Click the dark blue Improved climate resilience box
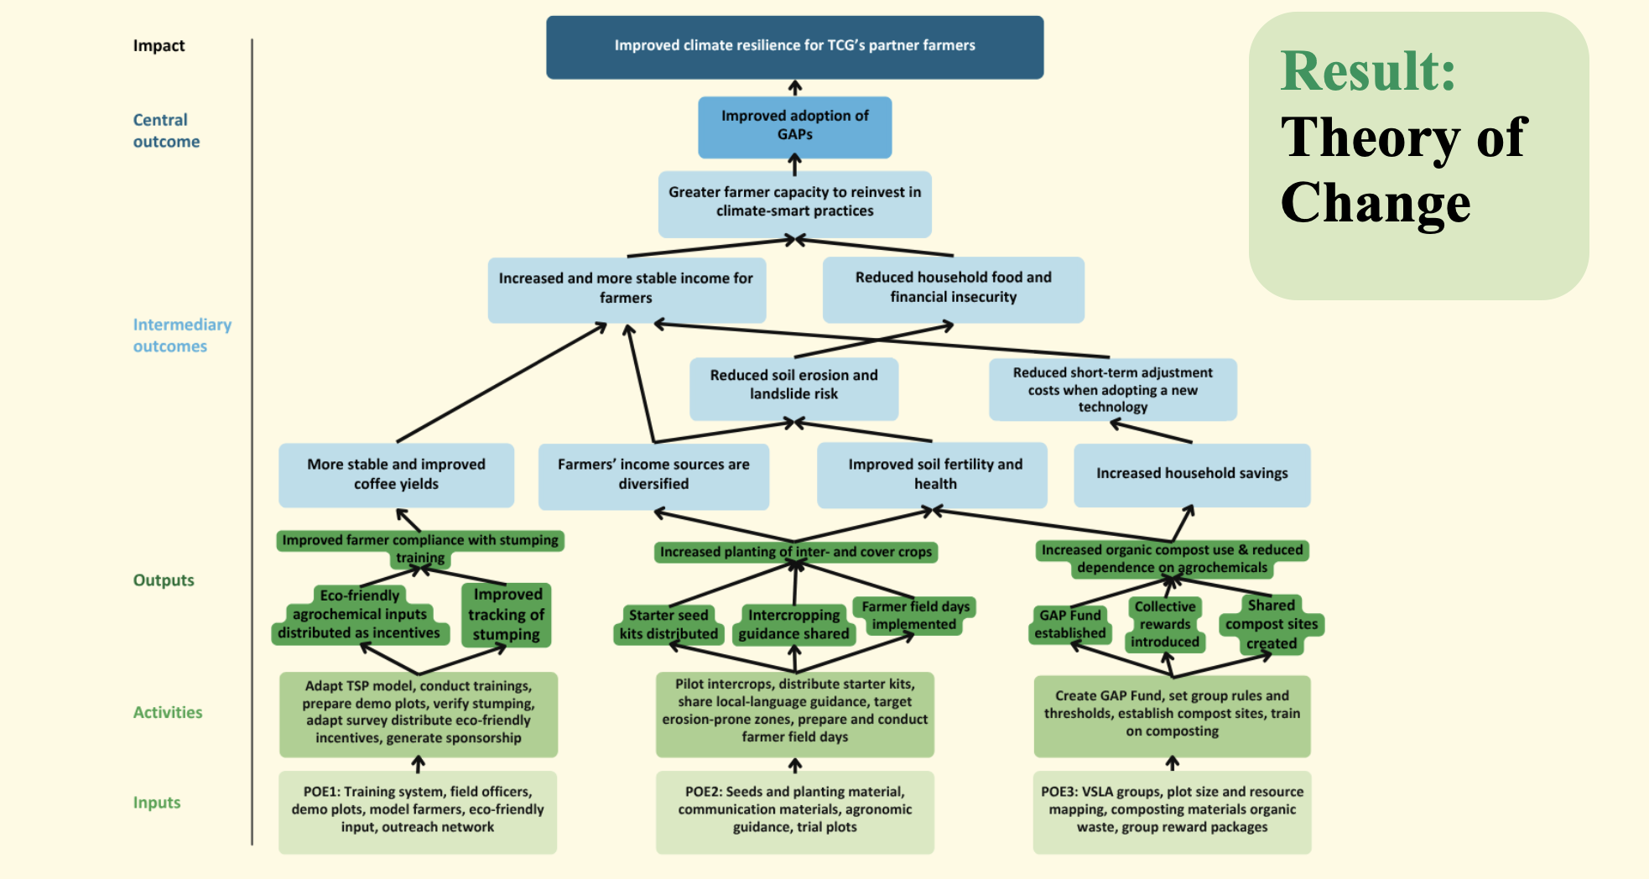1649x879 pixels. click(x=794, y=47)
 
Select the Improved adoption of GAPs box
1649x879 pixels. click(x=794, y=127)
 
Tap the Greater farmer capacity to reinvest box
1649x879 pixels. click(x=794, y=204)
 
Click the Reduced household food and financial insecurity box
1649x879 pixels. click(x=953, y=289)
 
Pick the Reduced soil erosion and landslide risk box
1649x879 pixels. click(x=793, y=388)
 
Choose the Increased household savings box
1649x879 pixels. click(x=1192, y=475)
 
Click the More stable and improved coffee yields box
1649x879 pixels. click(x=396, y=475)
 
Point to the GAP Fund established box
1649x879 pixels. click(x=1069, y=625)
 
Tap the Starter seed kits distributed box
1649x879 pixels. click(x=668, y=625)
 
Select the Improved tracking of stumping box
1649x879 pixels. click(x=507, y=615)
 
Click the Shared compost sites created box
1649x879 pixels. click(x=1272, y=625)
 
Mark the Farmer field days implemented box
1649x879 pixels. click(x=915, y=616)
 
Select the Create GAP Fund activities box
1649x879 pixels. click(x=1172, y=715)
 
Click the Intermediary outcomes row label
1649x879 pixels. click(x=182, y=335)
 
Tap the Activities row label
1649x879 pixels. click(x=168, y=712)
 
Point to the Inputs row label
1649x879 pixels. click(x=157, y=803)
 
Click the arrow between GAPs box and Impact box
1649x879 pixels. click(x=795, y=88)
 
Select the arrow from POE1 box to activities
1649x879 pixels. click(x=418, y=764)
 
